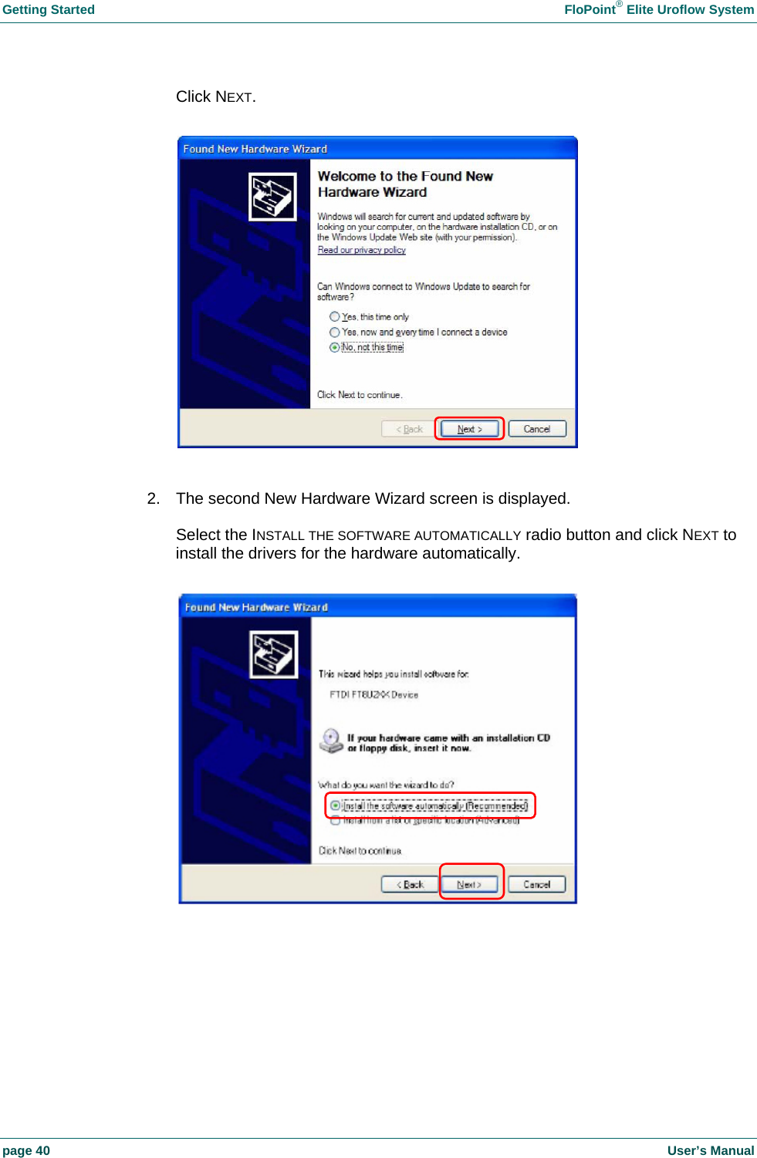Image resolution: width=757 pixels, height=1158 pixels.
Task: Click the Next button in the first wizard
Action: pyautogui.click(x=469, y=429)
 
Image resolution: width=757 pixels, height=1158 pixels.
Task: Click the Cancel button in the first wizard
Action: pyautogui.click(x=537, y=429)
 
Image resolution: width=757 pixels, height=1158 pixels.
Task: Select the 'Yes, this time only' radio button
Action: pyautogui.click(x=334, y=316)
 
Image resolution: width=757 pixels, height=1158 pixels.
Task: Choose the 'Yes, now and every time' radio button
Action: pyautogui.click(x=334, y=332)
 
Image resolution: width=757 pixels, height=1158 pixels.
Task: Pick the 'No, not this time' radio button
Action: pyautogui.click(x=334, y=347)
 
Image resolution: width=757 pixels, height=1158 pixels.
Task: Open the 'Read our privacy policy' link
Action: pyautogui.click(x=361, y=250)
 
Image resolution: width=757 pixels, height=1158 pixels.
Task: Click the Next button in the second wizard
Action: pyautogui.click(x=469, y=884)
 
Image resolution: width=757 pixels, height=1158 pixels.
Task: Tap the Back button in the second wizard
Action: pyautogui.click(x=410, y=884)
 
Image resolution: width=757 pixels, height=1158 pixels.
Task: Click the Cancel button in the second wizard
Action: pyautogui.click(x=537, y=884)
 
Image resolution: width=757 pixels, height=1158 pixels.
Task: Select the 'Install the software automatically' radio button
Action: pyautogui.click(x=335, y=805)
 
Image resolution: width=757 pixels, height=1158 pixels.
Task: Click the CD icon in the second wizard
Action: pyautogui.click(x=331, y=741)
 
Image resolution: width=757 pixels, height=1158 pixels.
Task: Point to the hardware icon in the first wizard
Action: pyautogui.click(x=272, y=197)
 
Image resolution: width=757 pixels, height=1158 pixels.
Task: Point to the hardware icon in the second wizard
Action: pyautogui.click(x=274, y=654)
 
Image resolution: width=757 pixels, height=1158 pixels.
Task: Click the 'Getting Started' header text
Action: pyautogui.click(x=49, y=10)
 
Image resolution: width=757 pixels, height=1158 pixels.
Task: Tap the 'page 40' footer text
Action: pyautogui.click(x=26, y=1150)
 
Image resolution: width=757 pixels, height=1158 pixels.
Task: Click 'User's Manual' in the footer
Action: pyautogui.click(x=710, y=1150)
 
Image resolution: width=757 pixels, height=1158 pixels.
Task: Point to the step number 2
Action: pyautogui.click(x=153, y=498)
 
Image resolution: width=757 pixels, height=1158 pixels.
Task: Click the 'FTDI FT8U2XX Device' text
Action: pyautogui.click(x=373, y=694)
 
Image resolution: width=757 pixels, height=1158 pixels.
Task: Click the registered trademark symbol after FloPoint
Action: pyautogui.click(x=619, y=5)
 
